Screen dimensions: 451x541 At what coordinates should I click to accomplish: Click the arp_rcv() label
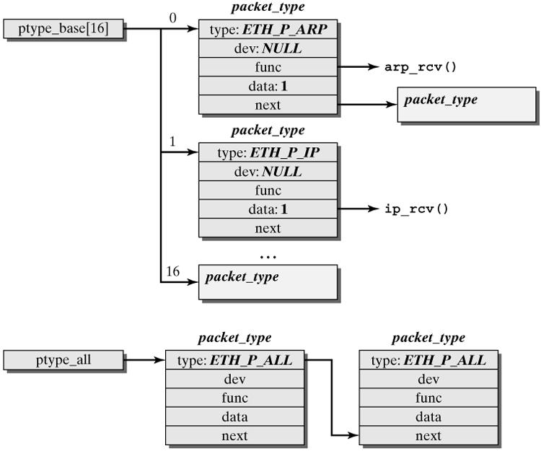click(422, 67)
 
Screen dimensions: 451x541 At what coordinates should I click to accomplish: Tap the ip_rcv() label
click(417, 209)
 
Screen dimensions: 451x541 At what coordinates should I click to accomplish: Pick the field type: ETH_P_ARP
click(268, 30)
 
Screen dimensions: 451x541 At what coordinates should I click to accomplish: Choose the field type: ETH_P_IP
click(268, 153)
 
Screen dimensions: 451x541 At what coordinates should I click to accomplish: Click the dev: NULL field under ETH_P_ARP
click(268, 49)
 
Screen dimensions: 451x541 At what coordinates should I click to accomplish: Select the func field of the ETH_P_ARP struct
click(268, 67)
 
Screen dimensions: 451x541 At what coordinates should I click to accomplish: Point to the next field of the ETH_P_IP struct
click(268, 228)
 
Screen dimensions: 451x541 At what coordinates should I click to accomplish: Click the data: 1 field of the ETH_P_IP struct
click(268, 209)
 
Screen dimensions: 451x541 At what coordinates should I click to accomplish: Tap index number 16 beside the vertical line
click(172, 271)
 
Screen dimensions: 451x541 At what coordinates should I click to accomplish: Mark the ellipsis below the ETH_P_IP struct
click(268, 255)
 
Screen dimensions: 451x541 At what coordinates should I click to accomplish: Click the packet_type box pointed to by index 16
click(268, 282)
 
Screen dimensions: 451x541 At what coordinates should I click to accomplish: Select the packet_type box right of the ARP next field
click(466, 105)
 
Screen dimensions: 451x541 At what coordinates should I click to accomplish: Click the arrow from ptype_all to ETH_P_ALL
click(145, 359)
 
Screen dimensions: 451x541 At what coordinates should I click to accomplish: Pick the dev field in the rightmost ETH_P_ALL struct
click(428, 379)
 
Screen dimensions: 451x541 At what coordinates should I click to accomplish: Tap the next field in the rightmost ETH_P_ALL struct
click(428, 435)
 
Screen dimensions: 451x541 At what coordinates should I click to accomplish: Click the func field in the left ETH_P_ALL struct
click(235, 398)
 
